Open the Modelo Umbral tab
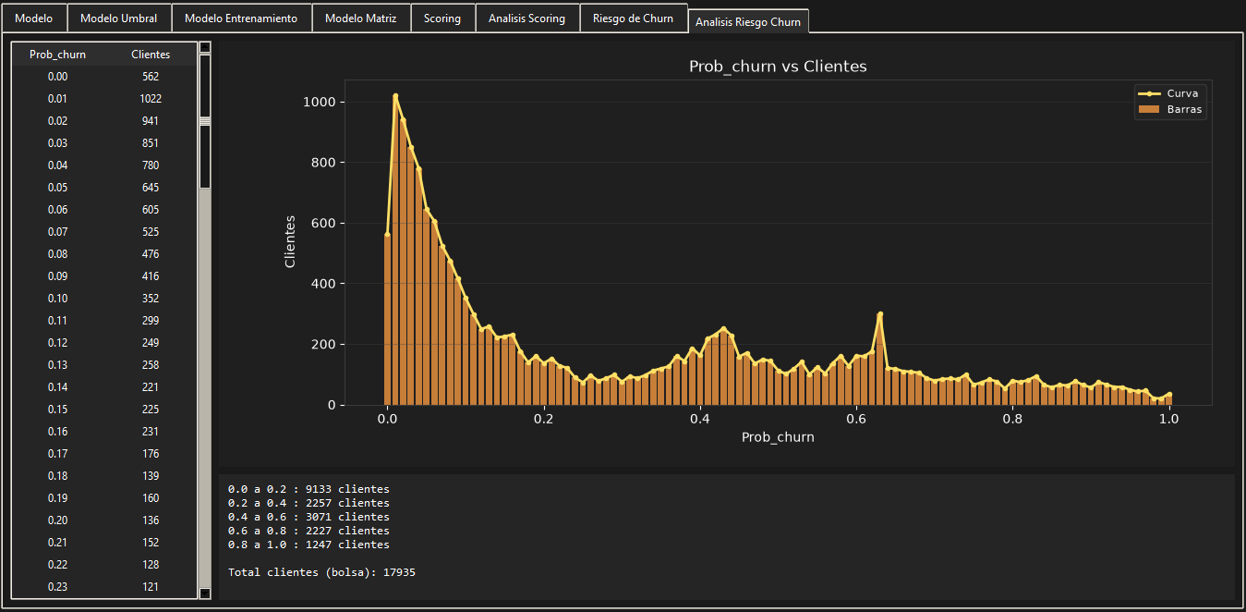pyautogui.click(x=118, y=18)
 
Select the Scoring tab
pyautogui.click(x=442, y=18)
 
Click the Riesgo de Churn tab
pyautogui.click(x=633, y=18)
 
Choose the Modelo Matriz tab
pyautogui.click(x=360, y=18)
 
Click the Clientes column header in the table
pyautogui.click(x=151, y=55)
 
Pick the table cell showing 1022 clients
pyautogui.click(x=151, y=99)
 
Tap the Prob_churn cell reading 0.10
pyautogui.click(x=57, y=299)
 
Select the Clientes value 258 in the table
pyautogui.click(x=151, y=365)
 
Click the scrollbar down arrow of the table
pyautogui.click(x=205, y=594)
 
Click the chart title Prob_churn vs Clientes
pyautogui.click(x=778, y=67)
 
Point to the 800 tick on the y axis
pyautogui.click(x=320, y=163)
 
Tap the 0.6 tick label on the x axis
pyautogui.click(x=856, y=419)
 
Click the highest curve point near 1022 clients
pyautogui.click(x=395, y=96)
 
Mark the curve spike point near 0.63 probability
pyautogui.click(x=880, y=314)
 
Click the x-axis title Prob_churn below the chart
pyautogui.click(x=778, y=437)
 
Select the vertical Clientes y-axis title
pyautogui.click(x=290, y=241)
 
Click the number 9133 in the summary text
pyautogui.click(x=318, y=489)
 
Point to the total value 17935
pyautogui.click(x=399, y=572)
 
